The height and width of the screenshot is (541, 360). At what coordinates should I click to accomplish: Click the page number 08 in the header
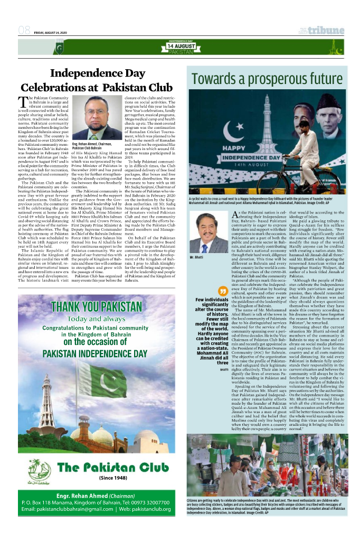tap(24, 31)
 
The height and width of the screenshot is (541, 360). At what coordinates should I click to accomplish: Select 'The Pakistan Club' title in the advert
tap(112, 467)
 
